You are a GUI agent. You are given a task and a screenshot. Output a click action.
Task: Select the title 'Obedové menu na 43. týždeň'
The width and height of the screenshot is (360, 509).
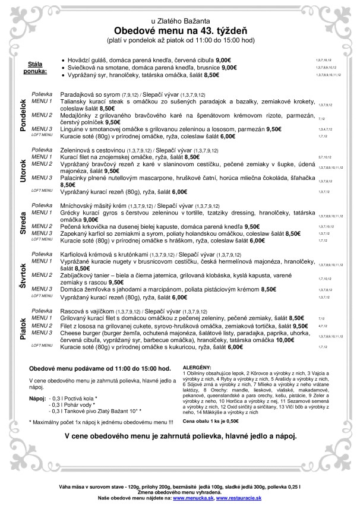coord(179,31)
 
